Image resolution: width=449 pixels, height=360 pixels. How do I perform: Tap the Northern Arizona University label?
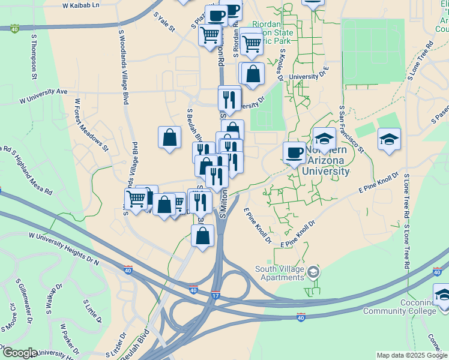point(327,161)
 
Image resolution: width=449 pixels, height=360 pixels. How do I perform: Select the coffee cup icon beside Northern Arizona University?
point(294,152)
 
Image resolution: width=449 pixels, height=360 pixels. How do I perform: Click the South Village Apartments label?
point(280,273)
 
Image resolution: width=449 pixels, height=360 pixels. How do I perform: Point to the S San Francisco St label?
point(351,129)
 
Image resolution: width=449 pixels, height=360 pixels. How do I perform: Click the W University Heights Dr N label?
point(62,250)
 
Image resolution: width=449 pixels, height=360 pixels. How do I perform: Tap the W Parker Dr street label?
point(70,339)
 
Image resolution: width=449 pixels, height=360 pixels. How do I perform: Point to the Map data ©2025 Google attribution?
point(412,355)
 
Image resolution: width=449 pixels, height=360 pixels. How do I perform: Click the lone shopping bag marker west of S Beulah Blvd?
point(170,137)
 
